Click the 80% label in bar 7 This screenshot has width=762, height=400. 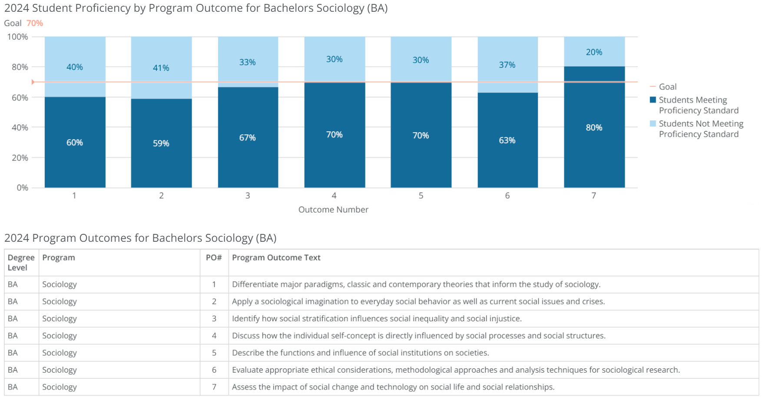(594, 127)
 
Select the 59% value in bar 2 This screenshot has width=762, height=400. (161, 143)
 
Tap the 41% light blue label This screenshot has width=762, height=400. (161, 68)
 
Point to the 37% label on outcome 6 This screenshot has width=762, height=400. (507, 65)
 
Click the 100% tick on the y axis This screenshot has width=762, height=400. (17, 37)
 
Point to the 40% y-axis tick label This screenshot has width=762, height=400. (20, 127)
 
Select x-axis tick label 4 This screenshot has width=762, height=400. (334, 196)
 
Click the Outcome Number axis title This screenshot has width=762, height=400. (333, 210)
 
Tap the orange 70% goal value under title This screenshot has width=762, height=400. (35, 23)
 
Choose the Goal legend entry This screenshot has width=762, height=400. (667, 87)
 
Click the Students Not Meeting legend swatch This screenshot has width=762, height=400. (653, 123)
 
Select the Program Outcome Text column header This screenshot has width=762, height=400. (276, 257)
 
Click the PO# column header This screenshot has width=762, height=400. (214, 257)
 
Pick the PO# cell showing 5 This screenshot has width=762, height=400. (214, 353)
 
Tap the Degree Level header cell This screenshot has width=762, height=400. (21, 262)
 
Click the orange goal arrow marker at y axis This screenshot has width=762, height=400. (33, 82)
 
